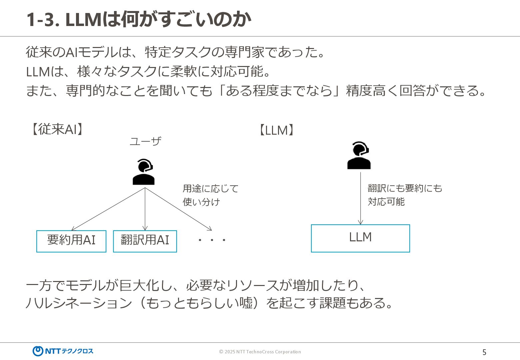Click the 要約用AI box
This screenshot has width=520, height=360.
[71, 241]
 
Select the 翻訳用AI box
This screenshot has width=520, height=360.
[145, 241]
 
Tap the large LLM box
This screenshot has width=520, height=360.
[360, 238]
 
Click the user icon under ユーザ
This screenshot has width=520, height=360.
[144, 172]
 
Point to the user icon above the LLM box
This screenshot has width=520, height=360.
[359, 155]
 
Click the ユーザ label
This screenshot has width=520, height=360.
[145, 141]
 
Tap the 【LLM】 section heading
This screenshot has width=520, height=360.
[276, 130]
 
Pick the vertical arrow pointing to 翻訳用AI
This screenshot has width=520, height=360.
[145, 209]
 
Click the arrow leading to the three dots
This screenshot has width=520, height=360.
[179, 209]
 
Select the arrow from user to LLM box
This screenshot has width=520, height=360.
[360, 198]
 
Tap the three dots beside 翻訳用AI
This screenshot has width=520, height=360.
[212, 240]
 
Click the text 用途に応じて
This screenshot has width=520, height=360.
[211, 189]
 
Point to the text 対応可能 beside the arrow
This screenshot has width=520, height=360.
[386, 202]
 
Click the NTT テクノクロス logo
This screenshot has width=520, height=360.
[63, 351]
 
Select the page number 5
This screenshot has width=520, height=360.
[484, 352]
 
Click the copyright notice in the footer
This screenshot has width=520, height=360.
[260, 352]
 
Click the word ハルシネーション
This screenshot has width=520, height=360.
[79, 303]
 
